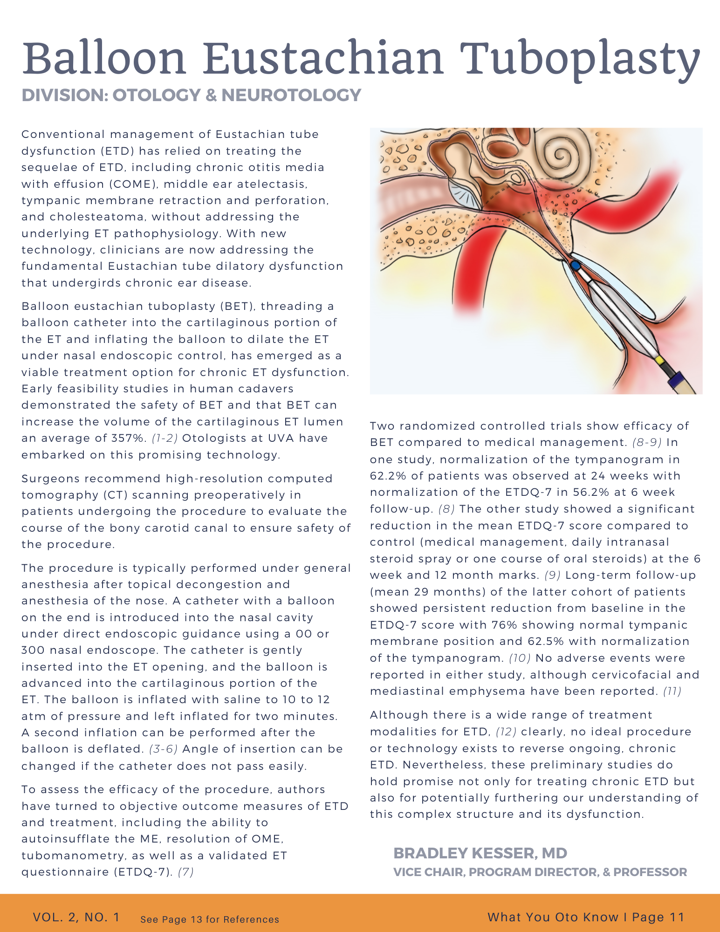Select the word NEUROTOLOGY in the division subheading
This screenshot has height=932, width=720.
tap(291, 95)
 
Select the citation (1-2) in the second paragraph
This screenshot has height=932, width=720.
tap(165, 439)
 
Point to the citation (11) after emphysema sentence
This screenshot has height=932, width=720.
tap(672, 691)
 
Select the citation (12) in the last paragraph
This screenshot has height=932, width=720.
tap(506, 732)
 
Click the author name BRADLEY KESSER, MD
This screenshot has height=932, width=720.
tap(480, 853)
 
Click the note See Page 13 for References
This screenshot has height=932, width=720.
tap(210, 919)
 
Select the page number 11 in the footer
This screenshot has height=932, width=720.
tap(676, 917)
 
